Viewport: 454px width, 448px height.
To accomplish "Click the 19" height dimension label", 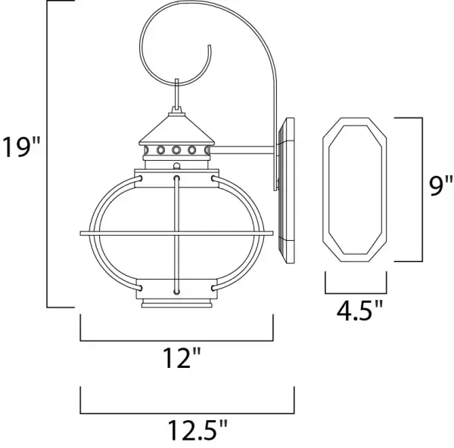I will (20, 146).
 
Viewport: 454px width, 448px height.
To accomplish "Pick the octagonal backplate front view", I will (355, 189).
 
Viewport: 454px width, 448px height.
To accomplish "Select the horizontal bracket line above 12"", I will (177, 337).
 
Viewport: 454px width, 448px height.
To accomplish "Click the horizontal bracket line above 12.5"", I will (186, 412).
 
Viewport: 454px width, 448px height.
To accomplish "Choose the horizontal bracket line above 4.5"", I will (355, 292).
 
